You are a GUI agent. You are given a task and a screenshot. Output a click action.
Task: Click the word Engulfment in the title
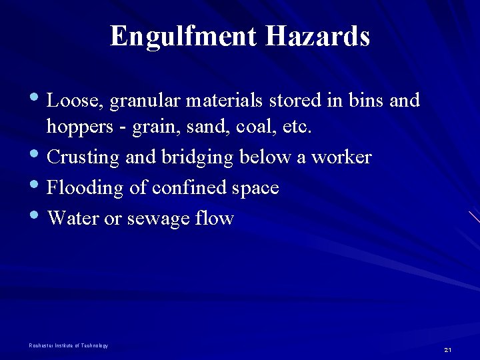[184, 36]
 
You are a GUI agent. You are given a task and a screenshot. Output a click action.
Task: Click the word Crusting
[84, 158]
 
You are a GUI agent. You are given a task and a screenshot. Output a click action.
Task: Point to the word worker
[341, 157]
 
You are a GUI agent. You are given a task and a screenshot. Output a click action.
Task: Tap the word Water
[73, 218]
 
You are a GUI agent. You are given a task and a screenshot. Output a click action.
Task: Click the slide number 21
[447, 350]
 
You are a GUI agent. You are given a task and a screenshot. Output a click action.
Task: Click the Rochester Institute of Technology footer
[69, 345]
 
